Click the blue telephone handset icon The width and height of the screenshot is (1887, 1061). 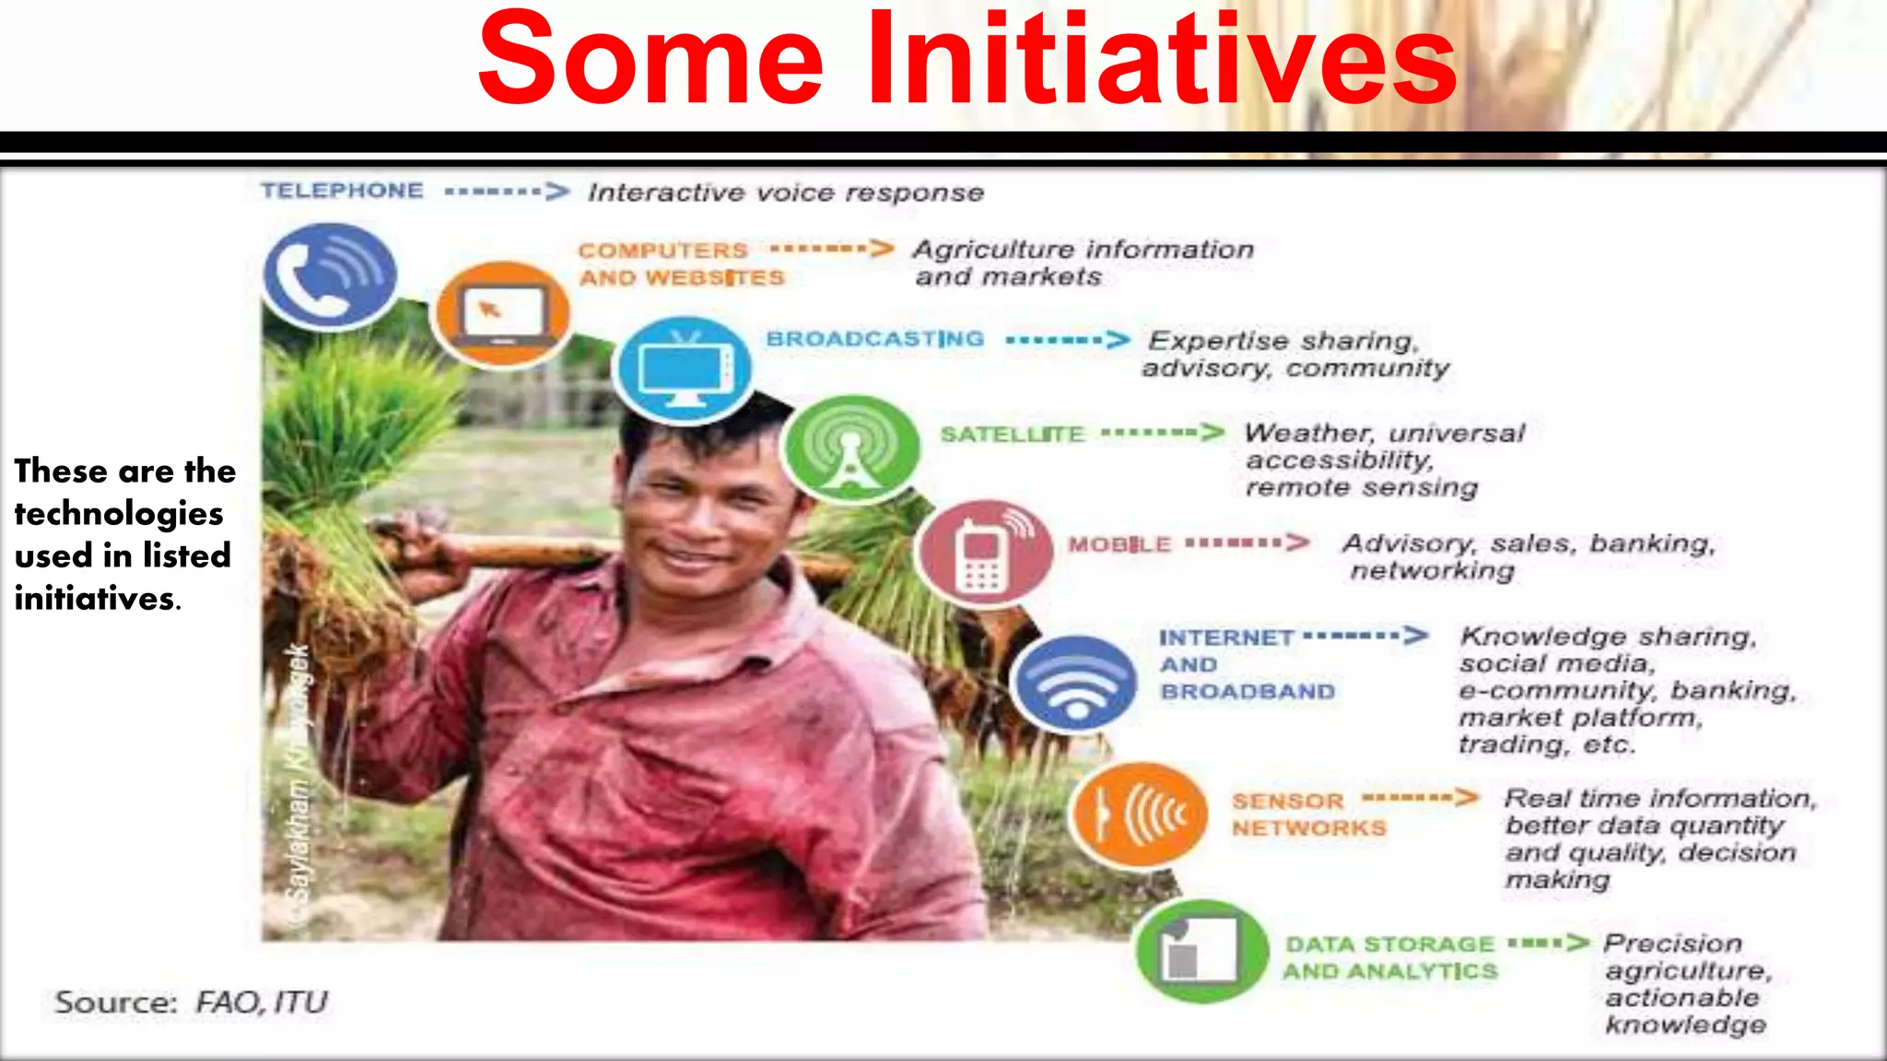(x=330, y=275)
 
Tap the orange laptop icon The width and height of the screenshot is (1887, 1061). (x=501, y=314)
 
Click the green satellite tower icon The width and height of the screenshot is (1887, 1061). (x=850, y=448)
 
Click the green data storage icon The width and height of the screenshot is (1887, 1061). (x=1201, y=951)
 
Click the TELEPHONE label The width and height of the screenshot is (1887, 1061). (x=342, y=191)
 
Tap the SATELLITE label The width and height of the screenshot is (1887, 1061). (x=1012, y=434)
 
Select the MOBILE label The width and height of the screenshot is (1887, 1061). (x=1119, y=544)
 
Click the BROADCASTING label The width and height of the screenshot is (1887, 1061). (x=874, y=339)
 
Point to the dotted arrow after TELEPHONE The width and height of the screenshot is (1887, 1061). (x=507, y=192)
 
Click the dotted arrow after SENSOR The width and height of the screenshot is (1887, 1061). (x=1420, y=798)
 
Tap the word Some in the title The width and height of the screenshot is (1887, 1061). (x=650, y=61)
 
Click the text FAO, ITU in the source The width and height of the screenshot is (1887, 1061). (x=261, y=1002)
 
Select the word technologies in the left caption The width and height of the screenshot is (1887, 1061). (x=119, y=514)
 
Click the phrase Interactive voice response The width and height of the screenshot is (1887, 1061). (x=786, y=192)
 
